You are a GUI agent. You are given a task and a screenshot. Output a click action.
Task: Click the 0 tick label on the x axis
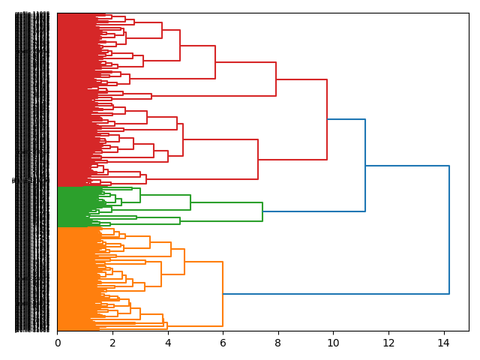[x=58, y=343]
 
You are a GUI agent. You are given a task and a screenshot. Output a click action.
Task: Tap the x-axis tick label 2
[x=112, y=343]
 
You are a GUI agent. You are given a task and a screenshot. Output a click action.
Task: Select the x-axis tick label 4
[x=168, y=343]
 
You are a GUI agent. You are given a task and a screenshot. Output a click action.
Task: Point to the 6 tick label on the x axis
[x=223, y=343]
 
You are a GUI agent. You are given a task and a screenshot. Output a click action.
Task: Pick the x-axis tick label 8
[x=278, y=343]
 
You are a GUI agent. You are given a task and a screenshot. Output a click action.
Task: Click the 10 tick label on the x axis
[x=333, y=343]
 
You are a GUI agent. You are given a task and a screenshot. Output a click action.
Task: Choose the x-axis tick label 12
[x=388, y=343]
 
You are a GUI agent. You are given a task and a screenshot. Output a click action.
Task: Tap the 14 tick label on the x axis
[x=443, y=343]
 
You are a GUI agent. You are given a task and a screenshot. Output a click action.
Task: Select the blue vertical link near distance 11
[x=365, y=165]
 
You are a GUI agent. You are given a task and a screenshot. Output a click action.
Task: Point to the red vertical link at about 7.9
[x=276, y=79]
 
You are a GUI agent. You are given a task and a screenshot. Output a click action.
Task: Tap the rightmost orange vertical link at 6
[x=223, y=294]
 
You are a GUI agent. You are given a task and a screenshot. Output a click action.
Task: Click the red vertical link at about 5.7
[x=215, y=62]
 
